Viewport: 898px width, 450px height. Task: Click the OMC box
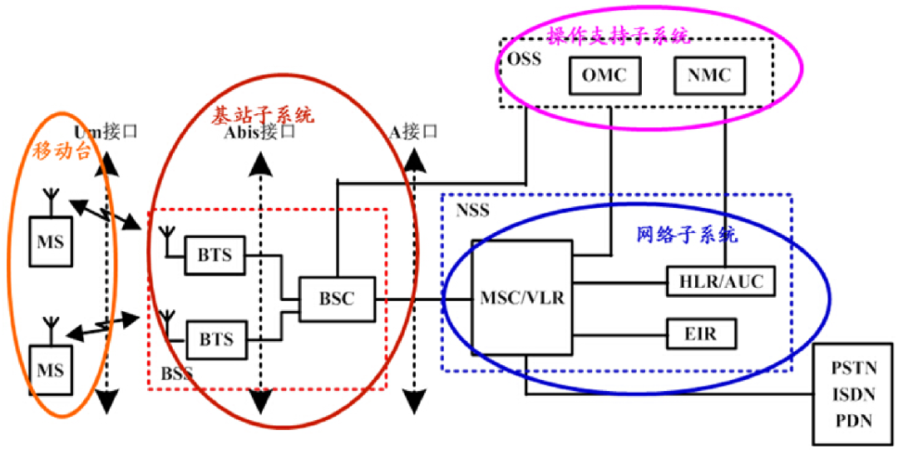603,75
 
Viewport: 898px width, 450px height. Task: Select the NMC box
709,75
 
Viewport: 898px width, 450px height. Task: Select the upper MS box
50,241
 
